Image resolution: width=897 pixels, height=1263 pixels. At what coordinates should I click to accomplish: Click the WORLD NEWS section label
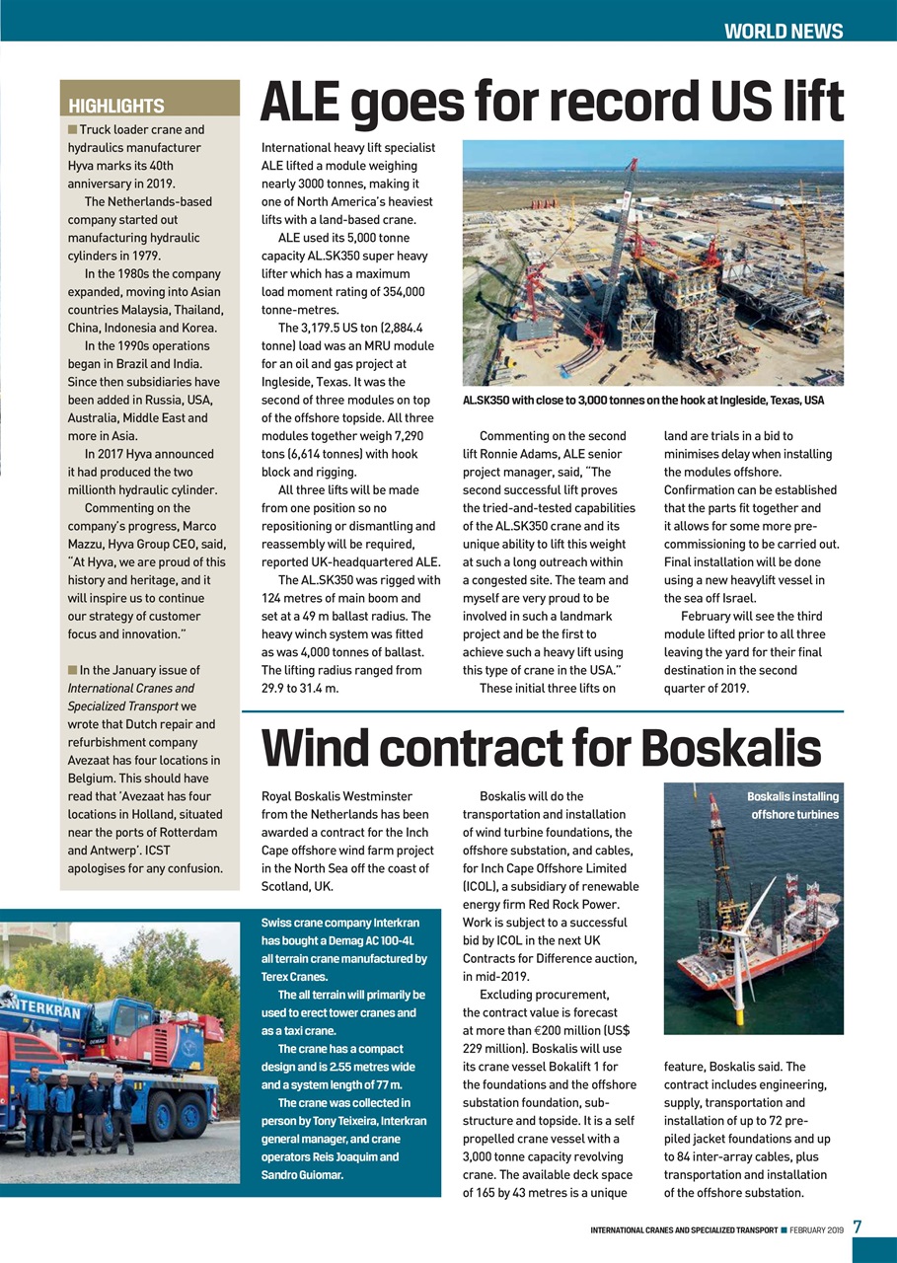[x=783, y=31]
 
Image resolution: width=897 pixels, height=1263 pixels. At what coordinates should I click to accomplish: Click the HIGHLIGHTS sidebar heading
[x=115, y=106]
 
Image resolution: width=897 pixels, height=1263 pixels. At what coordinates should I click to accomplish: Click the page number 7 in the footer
[x=858, y=1227]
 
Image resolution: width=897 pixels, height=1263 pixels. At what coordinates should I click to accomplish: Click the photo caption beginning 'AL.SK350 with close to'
[x=642, y=401]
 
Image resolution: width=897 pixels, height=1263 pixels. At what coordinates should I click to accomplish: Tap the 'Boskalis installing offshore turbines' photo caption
[x=792, y=805]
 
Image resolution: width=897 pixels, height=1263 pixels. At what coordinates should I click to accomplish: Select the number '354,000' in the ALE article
[x=399, y=292]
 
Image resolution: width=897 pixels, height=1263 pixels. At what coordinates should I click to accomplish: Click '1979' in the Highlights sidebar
[x=159, y=256]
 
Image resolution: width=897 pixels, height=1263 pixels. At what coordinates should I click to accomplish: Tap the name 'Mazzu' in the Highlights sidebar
[x=88, y=544]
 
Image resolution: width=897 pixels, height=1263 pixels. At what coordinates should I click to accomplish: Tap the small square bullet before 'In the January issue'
[x=72, y=670]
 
